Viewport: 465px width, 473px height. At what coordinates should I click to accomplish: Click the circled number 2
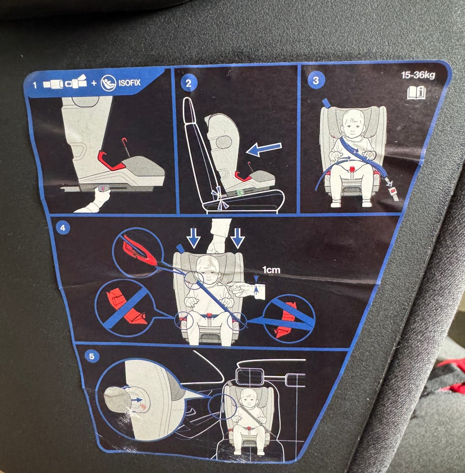[x=188, y=83]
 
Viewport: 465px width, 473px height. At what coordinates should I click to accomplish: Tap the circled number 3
[x=316, y=80]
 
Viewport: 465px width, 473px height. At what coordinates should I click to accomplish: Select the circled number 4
[x=63, y=228]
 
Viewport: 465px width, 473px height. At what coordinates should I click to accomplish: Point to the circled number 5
[x=92, y=356]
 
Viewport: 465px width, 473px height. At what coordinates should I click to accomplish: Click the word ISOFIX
[x=129, y=83]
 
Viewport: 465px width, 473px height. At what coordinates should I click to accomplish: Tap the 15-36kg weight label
[x=418, y=75]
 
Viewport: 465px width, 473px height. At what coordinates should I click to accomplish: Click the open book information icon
[x=417, y=92]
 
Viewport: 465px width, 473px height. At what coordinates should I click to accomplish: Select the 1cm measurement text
[x=271, y=270]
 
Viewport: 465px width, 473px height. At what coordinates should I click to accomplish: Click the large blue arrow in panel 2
[x=263, y=149]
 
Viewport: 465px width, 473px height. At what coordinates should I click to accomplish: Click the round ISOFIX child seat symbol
[x=108, y=83]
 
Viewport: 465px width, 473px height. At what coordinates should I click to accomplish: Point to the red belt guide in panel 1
[x=110, y=161]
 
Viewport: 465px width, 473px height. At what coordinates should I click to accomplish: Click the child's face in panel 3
[x=353, y=123]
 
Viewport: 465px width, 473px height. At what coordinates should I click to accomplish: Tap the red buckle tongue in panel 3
[x=392, y=191]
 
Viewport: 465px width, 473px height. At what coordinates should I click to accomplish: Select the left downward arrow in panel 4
[x=193, y=238]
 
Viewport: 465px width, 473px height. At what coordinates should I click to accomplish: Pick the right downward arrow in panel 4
[x=237, y=238]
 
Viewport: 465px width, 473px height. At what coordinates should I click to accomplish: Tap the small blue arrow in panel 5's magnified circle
[x=137, y=400]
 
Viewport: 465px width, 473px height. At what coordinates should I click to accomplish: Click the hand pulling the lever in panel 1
[x=95, y=200]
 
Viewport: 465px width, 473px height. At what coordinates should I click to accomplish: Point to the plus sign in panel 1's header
[x=94, y=83]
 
